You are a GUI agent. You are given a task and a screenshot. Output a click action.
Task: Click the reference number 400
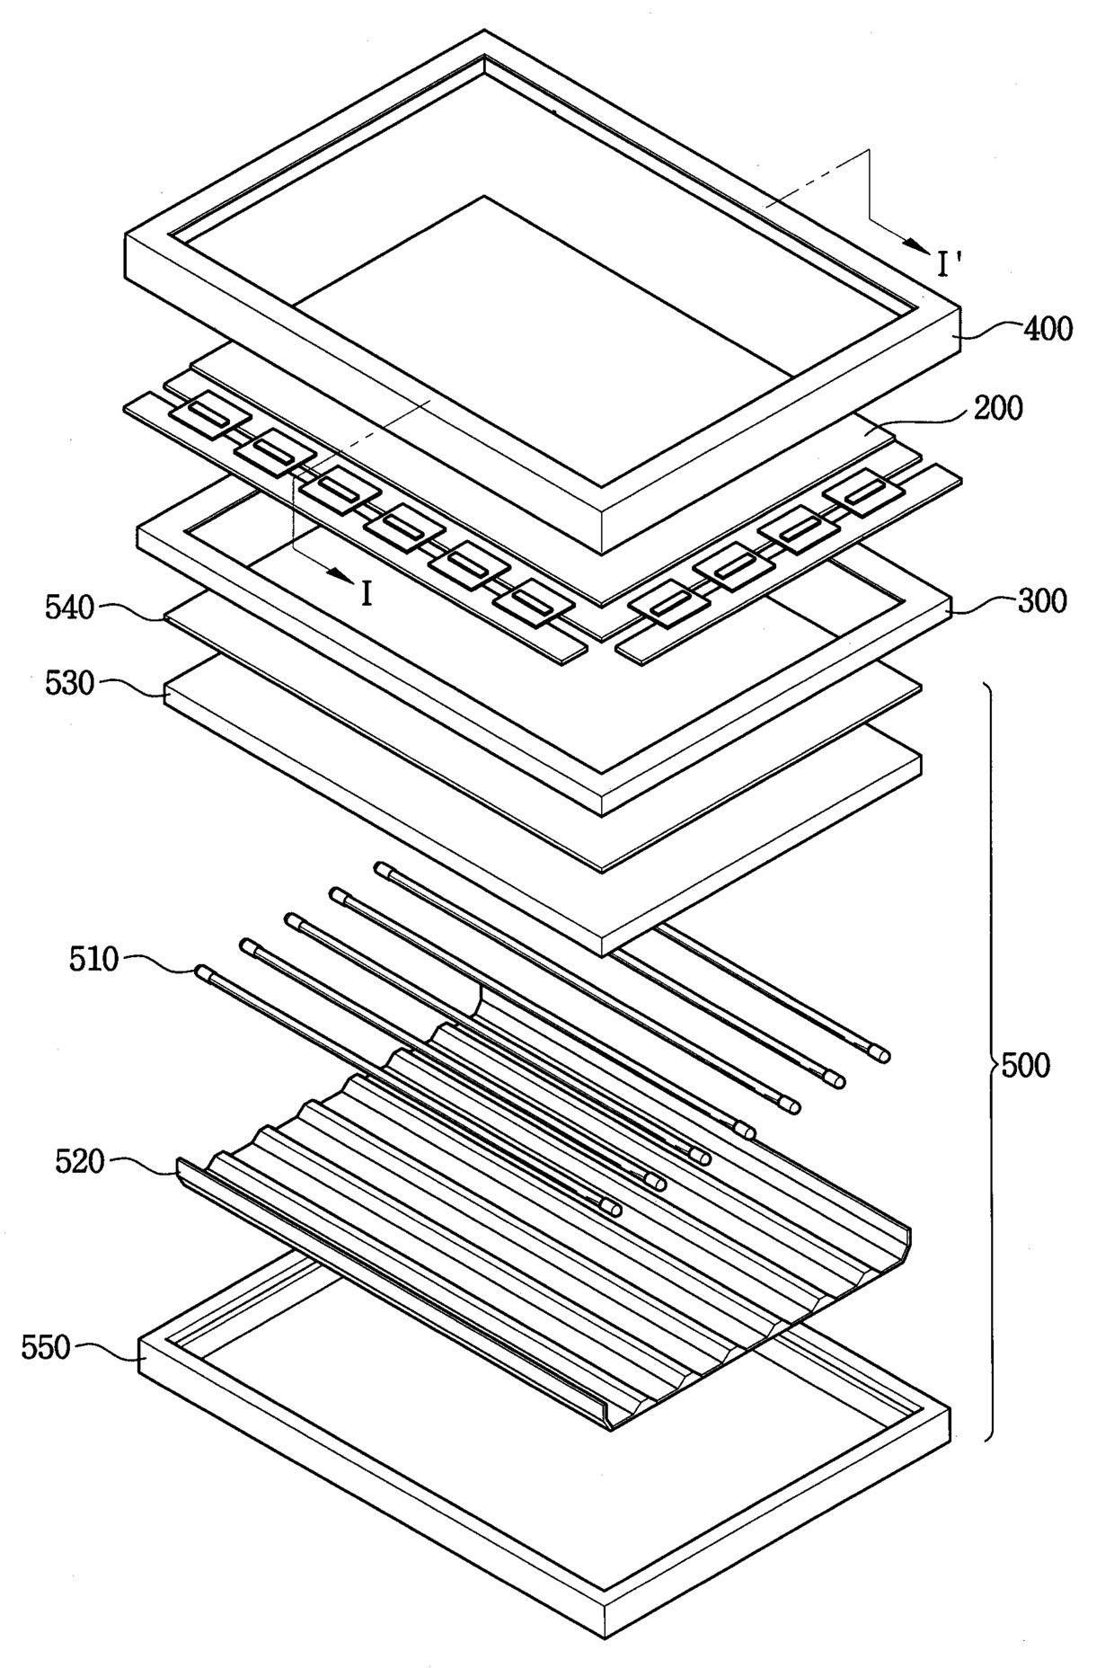pos(1048,329)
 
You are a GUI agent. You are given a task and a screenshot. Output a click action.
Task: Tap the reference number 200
pos(998,408)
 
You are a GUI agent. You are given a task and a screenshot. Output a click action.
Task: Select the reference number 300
pos(1042,600)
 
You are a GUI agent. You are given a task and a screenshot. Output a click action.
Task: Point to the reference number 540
pos(69,608)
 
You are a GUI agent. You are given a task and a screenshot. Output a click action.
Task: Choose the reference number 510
pos(93,959)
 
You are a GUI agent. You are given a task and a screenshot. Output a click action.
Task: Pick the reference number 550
pos(46,1347)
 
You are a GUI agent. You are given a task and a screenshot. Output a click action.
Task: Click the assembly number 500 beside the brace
pos(1025,1066)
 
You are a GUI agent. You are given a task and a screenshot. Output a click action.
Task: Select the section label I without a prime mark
pos(366,593)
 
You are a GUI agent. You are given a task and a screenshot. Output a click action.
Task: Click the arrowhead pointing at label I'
pos(916,244)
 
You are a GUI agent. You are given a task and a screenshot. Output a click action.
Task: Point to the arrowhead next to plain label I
pos(338,575)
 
